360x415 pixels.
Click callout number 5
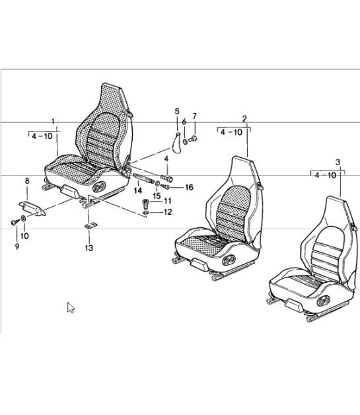[x=177, y=112]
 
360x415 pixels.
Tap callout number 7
[x=195, y=116]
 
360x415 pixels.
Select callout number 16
[x=189, y=188]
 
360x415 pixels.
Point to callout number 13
[x=89, y=248]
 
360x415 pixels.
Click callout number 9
[x=17, y=246]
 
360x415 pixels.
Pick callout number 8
[x=27, y=181]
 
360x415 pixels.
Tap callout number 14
[x=138, y=190]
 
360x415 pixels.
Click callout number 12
[x=168, y=212]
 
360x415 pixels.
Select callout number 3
[x=338, y=162]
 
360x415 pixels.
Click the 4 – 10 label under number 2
[x=231, y=132]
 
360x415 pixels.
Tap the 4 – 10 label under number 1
[x=42, y=136]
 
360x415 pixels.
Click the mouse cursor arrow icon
[x=71, y=307]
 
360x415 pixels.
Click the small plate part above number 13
[x=90, y=225]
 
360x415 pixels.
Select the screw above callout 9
[x=15, y=222]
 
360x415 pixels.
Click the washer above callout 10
[x=23, y=218]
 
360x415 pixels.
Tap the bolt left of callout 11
[x=145, y=204]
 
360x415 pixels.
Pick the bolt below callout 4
[x=166, y=178]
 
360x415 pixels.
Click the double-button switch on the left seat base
[x=99, y=186]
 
